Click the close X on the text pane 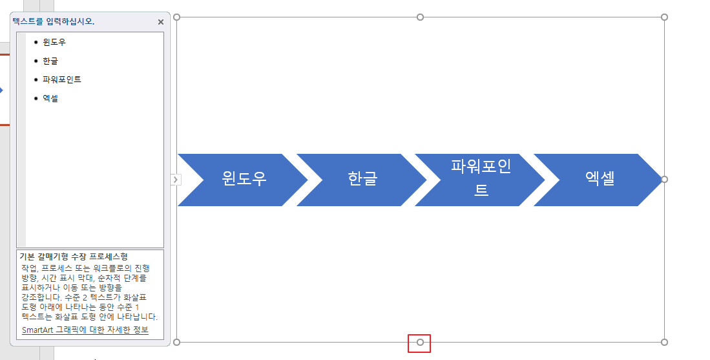(161, 22)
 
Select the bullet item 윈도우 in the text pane (54, 42)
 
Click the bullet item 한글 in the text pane (50, 61)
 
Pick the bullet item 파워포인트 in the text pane (62, 79)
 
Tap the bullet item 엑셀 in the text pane (50, 98)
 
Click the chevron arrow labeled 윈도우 (243, 180)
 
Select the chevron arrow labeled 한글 (362, 180)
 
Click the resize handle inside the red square (421, 342)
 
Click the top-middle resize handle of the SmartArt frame (421, 17)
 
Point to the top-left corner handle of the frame (177, 17)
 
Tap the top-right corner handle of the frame (664, 17)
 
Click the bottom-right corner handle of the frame (664, 342)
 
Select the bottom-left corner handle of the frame (177, 342)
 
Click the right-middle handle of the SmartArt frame (664, 180)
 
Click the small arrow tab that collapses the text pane (174, 180)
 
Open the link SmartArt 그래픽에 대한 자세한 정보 (85, 330)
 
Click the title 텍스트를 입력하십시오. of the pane (54, 21)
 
